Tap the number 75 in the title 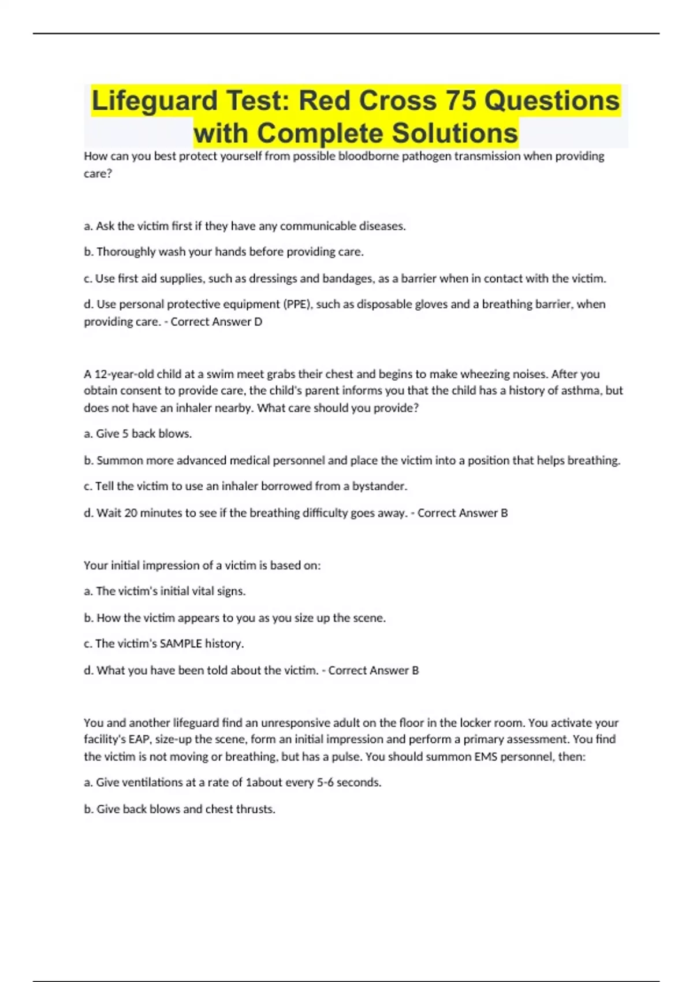460,101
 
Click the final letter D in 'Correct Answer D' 258,322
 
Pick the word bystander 379,486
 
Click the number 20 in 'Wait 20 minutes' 132,513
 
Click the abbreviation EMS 486,757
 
